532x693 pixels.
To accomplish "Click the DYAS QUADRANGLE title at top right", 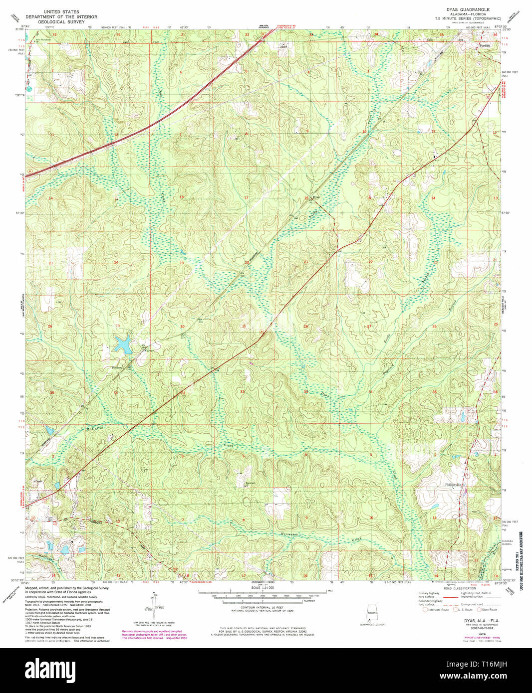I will (x=468, y=9).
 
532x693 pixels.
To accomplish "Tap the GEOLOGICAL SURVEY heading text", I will (x=60, y=23).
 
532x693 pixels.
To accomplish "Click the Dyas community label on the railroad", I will (x=315, y=197).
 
